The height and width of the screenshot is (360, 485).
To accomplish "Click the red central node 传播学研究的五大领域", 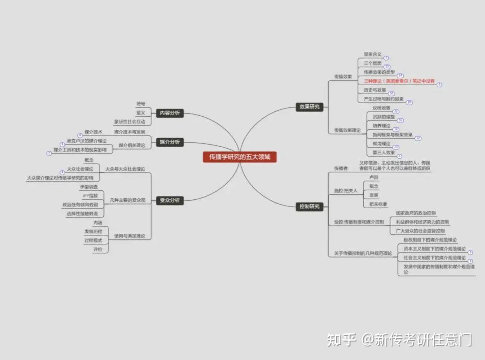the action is coord(239,157).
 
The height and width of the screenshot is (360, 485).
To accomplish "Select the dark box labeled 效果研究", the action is coord(309,107).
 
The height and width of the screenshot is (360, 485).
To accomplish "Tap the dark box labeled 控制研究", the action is coord(309,206).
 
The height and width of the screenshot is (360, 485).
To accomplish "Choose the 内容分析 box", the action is coord(170,113).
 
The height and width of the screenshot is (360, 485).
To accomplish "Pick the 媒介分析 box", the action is coord(170,142).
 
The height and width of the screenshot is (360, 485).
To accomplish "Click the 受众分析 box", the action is coord(170,200).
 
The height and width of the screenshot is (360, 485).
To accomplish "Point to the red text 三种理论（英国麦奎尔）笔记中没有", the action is coord(399,81).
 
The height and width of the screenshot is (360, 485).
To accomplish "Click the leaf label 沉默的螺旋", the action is coord(384,117).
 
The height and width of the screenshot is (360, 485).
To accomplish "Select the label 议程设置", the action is coord(381,108).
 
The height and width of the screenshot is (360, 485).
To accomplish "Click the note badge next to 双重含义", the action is coord(386,58).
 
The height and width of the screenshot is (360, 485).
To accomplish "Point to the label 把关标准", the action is coord(378,204).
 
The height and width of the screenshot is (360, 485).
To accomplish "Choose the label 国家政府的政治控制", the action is coord(415,213).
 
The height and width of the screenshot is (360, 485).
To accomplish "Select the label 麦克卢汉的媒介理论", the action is coord(87,141).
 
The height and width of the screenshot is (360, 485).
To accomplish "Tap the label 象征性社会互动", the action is coord(129,122).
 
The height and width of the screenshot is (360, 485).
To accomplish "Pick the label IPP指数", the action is coord(90,196).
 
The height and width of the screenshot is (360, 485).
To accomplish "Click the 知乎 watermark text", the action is coord(341,339).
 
